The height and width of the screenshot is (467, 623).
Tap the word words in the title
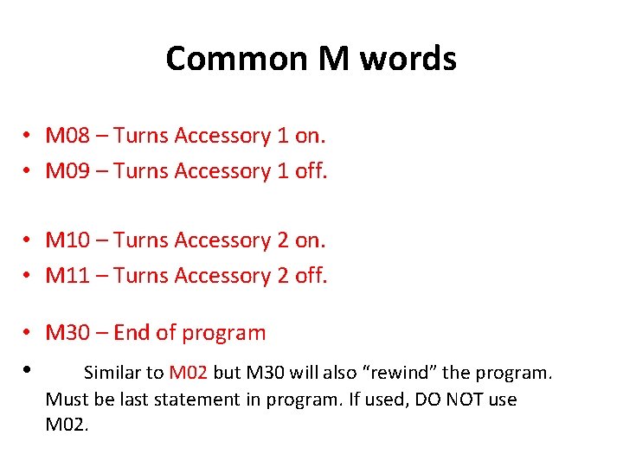[408, 59]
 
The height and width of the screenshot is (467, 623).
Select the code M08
[67, 136]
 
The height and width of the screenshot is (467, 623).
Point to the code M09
[67, 171]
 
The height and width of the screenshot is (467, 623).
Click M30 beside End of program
[67, 332]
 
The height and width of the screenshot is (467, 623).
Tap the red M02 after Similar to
[189, 373]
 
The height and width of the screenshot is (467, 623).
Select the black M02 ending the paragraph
[67, 425]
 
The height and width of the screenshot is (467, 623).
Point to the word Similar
[112, 373]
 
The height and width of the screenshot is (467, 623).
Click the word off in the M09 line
[311, 171]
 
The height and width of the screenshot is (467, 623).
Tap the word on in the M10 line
[309, 240]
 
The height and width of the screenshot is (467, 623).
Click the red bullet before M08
[29, 137]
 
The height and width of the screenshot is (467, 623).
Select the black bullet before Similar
[29, 369]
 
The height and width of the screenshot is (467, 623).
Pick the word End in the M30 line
[132, 332]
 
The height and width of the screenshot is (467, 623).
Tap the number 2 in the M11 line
[283, 276]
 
